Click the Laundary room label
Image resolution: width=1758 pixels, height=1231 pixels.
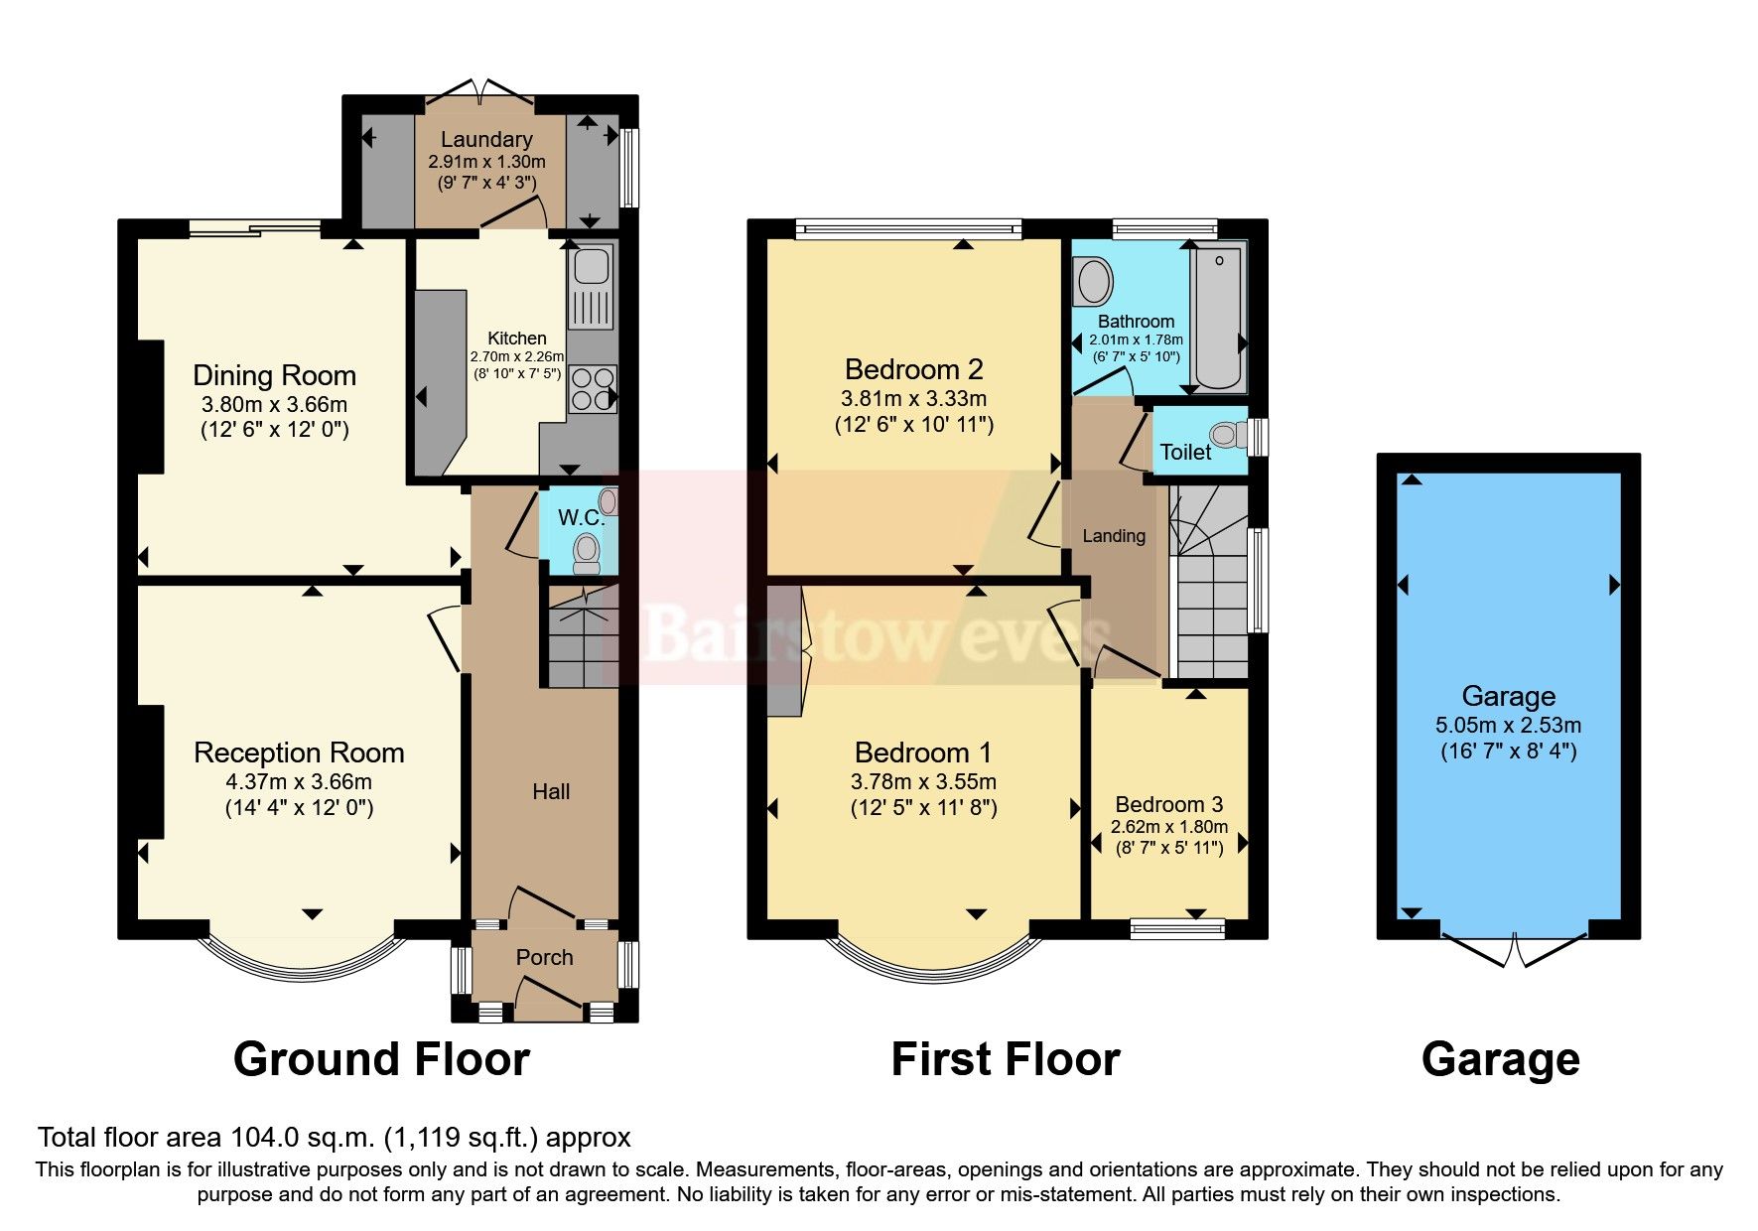486,140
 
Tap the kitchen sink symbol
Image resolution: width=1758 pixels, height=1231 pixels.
591,266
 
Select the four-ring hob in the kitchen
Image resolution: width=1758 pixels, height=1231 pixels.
592,388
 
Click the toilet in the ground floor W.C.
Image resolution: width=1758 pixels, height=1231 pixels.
587,551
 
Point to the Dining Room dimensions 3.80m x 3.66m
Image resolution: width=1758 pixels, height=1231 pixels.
274,405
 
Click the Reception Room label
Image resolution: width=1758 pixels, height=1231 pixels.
299,752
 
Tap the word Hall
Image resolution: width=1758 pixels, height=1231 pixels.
551,791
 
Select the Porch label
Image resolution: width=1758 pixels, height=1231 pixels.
544,957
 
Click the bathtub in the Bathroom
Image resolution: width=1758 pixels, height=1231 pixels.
1219,315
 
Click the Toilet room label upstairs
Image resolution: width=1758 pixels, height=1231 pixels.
1185,452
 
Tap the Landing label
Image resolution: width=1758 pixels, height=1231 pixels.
1114,536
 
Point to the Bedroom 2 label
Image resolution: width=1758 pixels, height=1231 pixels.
913,369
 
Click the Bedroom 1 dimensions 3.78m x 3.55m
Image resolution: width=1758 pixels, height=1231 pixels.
923,782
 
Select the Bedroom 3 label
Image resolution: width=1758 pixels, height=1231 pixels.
1168,804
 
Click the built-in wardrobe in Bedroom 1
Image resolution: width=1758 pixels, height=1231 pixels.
784,650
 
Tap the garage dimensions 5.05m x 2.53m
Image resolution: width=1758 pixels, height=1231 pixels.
1508,726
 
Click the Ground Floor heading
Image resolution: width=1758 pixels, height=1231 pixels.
381,1059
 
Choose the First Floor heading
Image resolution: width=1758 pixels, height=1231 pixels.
1005,1059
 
